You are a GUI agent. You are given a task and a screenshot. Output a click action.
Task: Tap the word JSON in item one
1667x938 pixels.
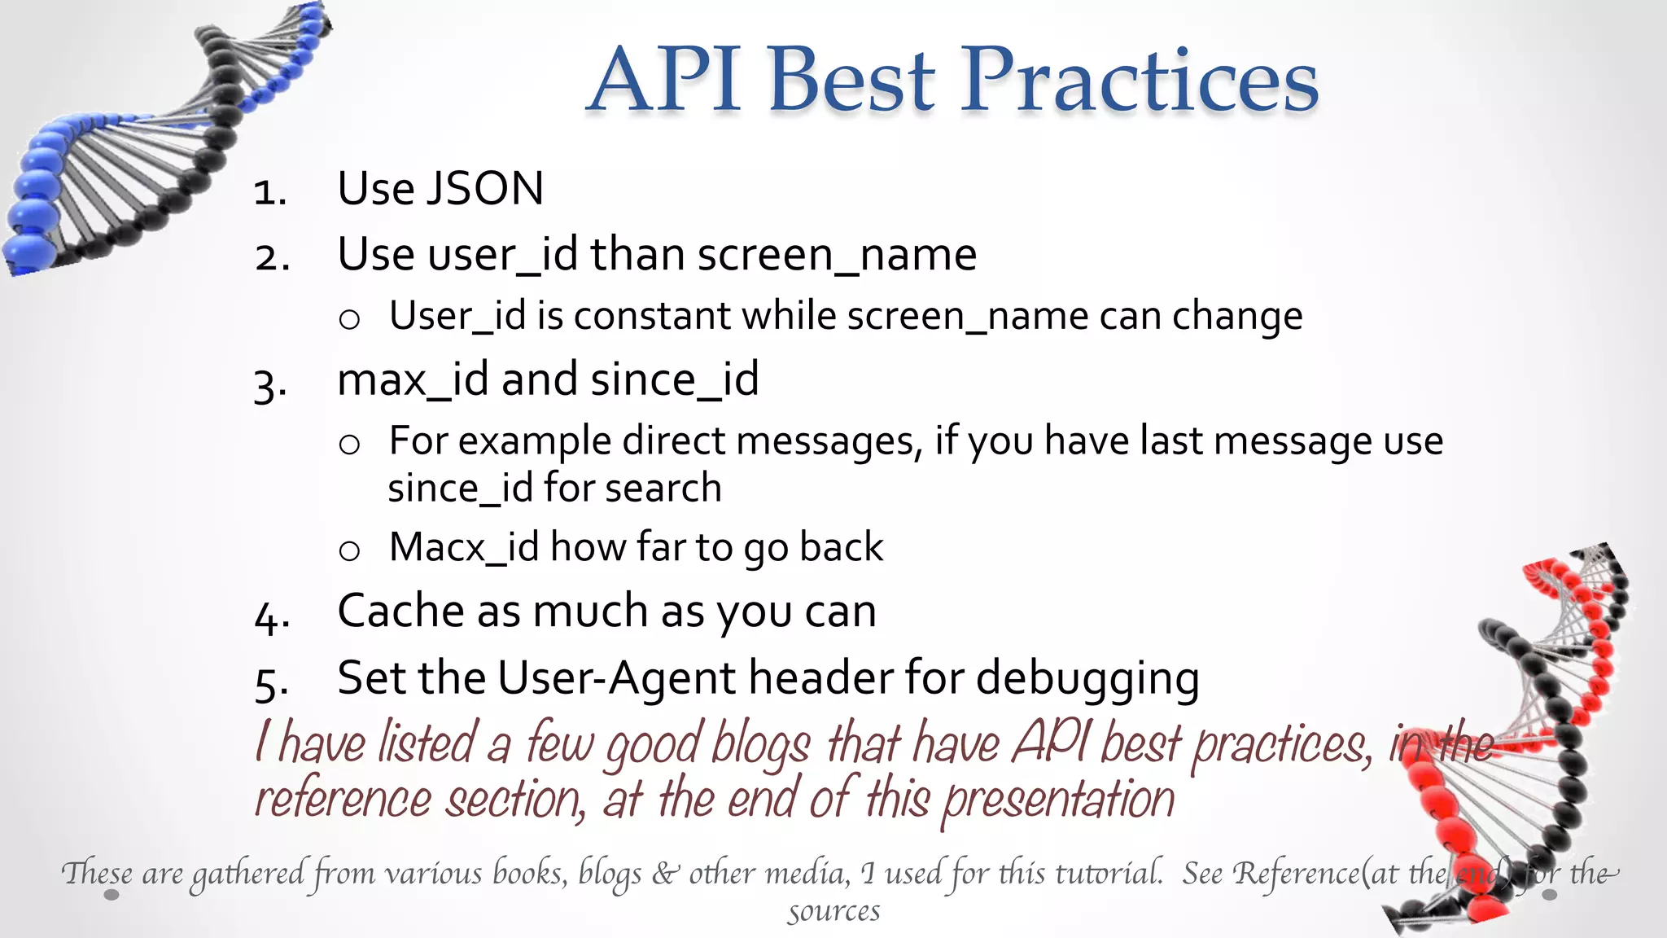click(485, 189)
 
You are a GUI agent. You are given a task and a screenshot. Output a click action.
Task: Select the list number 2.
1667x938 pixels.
click(272, 257)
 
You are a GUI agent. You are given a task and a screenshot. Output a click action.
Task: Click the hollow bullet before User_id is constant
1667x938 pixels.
click(349, 319)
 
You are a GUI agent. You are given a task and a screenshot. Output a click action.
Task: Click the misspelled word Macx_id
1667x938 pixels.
click(464, 547)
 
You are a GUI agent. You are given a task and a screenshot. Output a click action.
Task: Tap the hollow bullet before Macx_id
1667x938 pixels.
click(349, 551)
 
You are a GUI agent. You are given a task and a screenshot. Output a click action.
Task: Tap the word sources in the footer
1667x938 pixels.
click(833, 911)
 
